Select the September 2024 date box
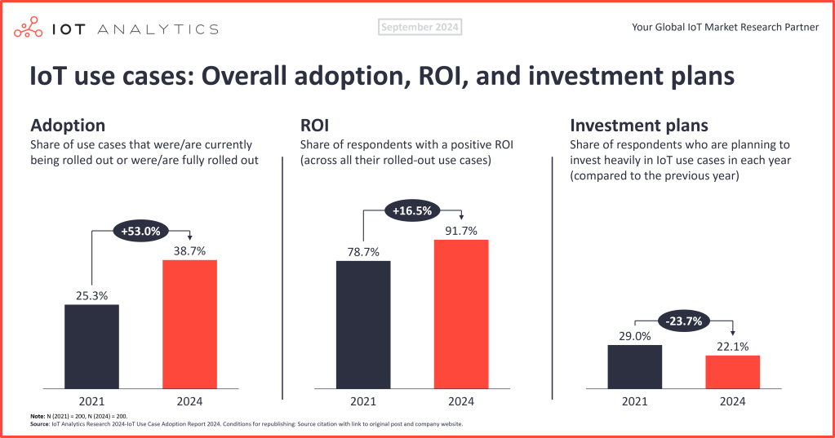(x=420, y=28)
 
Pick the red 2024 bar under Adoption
(x=189, y=324)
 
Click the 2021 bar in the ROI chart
(x=363, y=324)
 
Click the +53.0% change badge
(x=140, y=232)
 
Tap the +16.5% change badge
(x=412, y=210)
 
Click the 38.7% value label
(x=189, y=250)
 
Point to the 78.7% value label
(x=363, y=251)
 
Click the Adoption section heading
(x=68, y=126)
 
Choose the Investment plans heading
(x=639, y=126)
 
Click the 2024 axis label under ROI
(x=460, y=401)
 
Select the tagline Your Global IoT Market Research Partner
(x=725, y=28)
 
